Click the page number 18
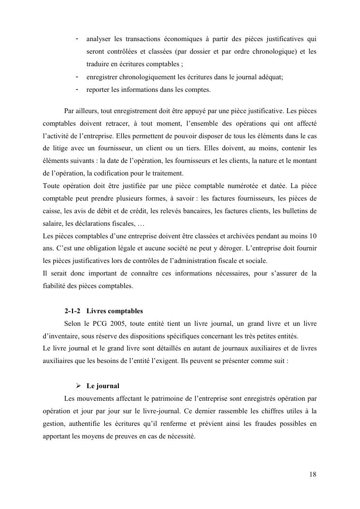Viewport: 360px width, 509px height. click(313, 474)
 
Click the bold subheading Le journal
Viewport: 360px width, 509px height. click(103, 386)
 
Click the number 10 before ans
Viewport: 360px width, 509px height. click(313, 235)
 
